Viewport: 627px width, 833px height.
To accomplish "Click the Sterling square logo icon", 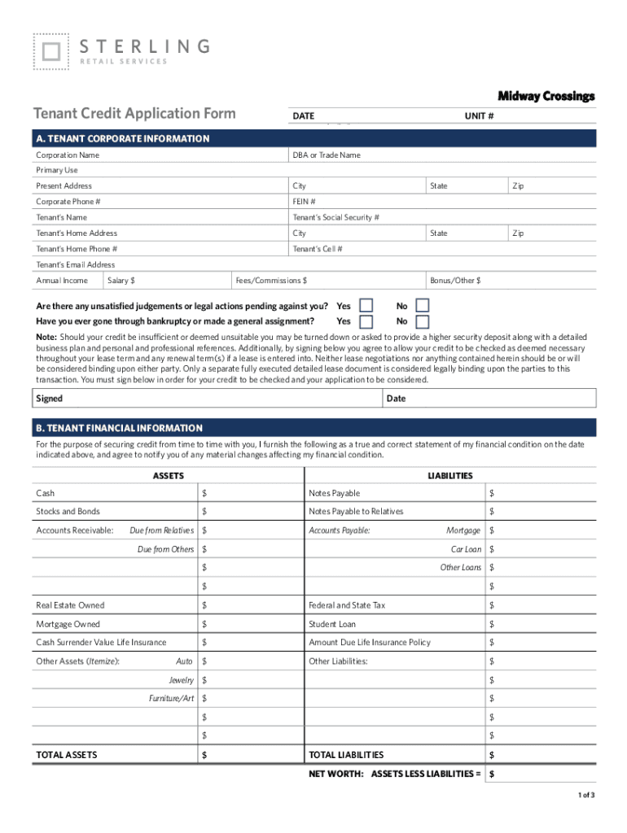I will click(50, 51).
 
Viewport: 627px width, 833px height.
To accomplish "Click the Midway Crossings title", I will click(546, 96).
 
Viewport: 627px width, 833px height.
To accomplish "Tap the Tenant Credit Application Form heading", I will click(134, 114).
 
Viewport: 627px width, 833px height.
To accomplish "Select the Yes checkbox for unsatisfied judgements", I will click(366, 306).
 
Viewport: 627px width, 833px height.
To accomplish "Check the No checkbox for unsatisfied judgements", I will click(422, 306).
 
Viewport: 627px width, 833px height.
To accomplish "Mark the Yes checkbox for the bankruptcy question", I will click(366, 321).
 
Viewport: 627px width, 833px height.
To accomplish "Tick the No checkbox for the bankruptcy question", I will click(422, 321).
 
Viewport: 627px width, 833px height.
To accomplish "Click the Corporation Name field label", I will click(68, 155).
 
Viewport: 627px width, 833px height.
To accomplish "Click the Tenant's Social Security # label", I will click(335, 217).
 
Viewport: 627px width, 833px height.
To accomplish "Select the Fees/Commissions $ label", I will click(271, 281).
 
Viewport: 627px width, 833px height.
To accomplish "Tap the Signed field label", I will click(49, 399).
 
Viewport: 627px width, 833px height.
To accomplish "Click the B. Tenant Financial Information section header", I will click(118, 428).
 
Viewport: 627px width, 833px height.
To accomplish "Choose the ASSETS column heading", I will click(169, 476).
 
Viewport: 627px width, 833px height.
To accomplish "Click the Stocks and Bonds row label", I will click(68, 512).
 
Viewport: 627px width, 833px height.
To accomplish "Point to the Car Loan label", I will click(466, 549).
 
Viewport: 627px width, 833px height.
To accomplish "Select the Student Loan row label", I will click(332, 625).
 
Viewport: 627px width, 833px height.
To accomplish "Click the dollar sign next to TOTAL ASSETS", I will click(204, 755).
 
